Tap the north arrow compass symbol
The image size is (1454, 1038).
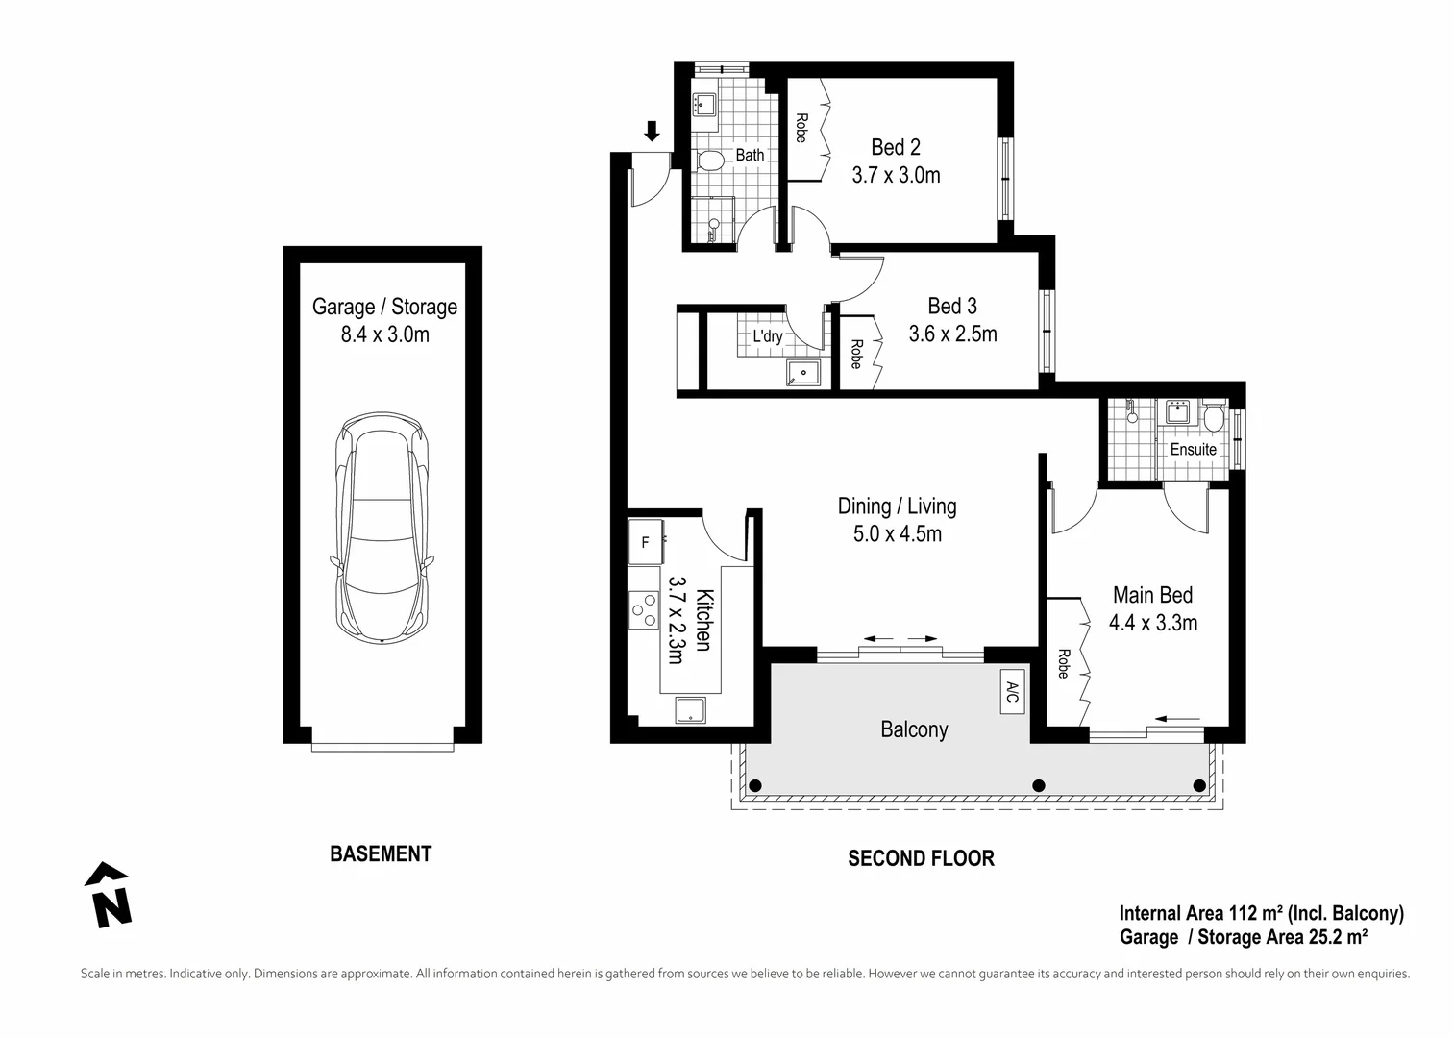(x=109, y=895)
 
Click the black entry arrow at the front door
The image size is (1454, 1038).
(x=652, y=131)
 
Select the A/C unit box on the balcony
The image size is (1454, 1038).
(x=1012, y=691)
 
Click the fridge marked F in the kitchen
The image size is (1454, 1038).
(x=646, y=543)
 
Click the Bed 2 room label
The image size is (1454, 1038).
(x=896, y=147)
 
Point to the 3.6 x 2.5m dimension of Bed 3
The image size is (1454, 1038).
(x=952, y=334)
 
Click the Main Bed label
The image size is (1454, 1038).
(x=1152, y=595)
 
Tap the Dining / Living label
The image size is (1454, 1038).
(x=897, y=507)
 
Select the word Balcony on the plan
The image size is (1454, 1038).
(x=914, y=729)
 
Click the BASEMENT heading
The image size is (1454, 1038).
(x=381, y=853)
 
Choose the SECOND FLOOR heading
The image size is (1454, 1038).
(x=921, y=858)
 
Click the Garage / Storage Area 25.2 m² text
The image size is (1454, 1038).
(x=1244, y=936)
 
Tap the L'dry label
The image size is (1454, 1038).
(x=767, y=336)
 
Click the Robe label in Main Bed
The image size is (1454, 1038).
(x=1063, y=664)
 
